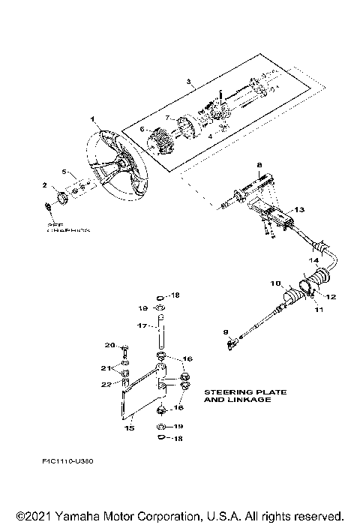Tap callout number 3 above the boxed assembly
[188, 80]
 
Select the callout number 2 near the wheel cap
[44, 185]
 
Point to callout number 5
[64, 172]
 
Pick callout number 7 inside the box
[169, 118]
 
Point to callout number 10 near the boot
[275, 284]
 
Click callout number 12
[329, 297]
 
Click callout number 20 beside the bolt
[108, 345]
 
